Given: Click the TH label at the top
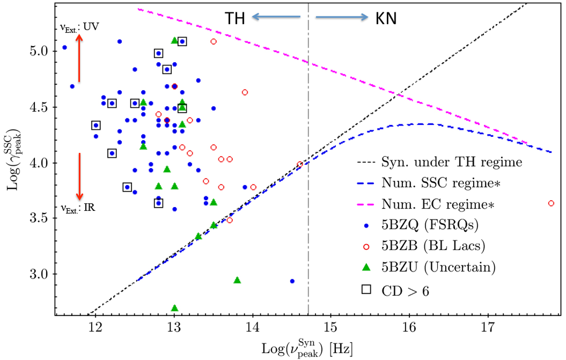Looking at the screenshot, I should click(x=234, y=17).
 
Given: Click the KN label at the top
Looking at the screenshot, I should click(x=386, y=18).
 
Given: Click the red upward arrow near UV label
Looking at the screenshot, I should click(x=79, y=59).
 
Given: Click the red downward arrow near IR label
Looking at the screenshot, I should click(x=79, y=176).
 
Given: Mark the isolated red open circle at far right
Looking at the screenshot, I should click(x=551, y=203).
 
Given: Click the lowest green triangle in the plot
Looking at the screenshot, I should click(x=175, y=308).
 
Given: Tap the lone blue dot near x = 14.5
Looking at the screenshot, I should click(x=292, y=281).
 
